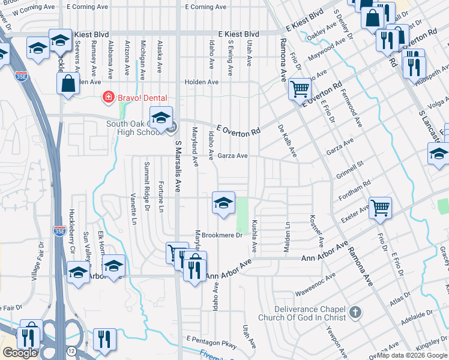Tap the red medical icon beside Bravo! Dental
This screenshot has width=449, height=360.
[x=108, y=96]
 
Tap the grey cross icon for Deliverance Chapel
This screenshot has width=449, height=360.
[x=355, y=312]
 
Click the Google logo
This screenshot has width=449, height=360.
[x=20, y=353]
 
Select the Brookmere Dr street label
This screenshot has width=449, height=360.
[x=221, y=235]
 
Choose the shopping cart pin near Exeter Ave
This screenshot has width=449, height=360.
[x=380, y=209]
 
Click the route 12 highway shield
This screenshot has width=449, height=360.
[x=71, y=350]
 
